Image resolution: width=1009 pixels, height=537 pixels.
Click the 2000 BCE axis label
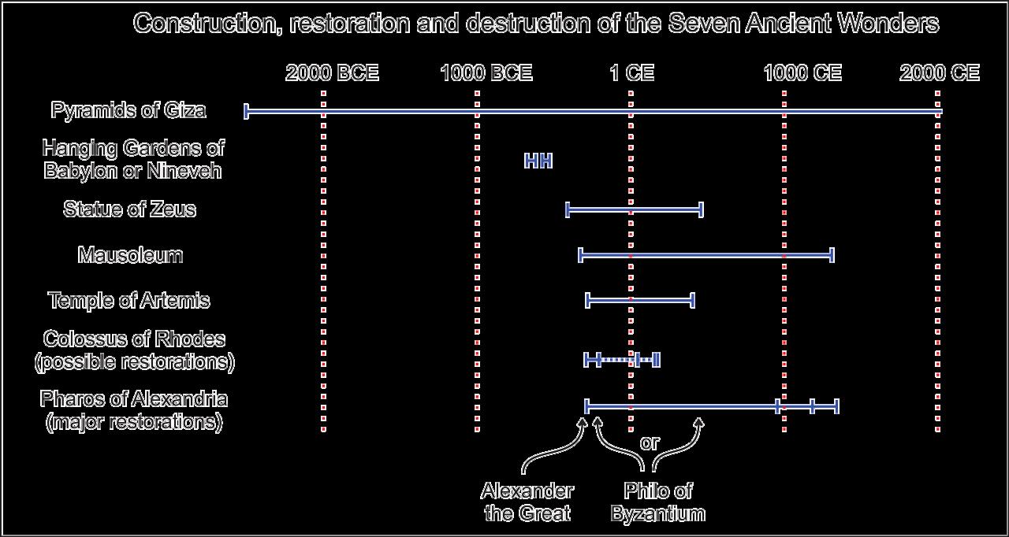332,73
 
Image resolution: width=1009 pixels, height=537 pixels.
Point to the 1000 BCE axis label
486,73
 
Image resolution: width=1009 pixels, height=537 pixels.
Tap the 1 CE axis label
631,73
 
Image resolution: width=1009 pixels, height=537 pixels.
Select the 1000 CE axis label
802,73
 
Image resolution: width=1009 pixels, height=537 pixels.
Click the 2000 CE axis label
939,73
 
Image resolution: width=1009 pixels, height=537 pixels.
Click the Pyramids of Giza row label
128,110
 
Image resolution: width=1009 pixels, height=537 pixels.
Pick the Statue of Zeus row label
129,209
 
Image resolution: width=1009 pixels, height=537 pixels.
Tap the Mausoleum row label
130,255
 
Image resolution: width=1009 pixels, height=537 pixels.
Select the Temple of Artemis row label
129,301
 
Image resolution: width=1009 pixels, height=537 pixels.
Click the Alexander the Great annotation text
527,502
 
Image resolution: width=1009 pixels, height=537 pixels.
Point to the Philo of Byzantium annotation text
657,502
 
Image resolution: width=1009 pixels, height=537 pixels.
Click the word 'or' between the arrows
649,443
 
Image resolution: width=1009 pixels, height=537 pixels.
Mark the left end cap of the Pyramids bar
247,111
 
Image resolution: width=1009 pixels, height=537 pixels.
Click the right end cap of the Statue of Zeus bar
701,209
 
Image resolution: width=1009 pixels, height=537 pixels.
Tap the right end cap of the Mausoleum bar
832,254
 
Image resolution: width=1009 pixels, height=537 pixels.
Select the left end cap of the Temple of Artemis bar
588,300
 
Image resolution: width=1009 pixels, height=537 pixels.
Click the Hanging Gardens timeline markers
538,161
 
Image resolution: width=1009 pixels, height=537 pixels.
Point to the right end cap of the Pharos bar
836,406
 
